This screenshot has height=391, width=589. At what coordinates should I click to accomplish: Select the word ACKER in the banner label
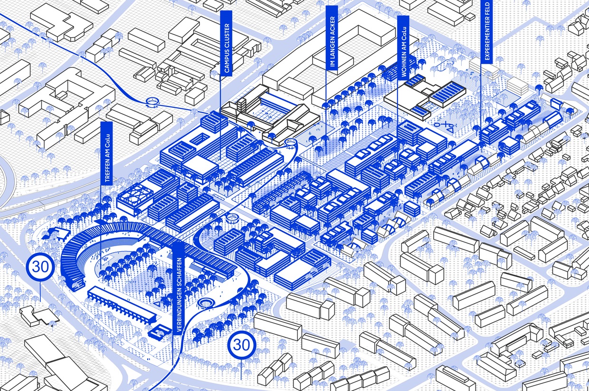pos(332,26)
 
